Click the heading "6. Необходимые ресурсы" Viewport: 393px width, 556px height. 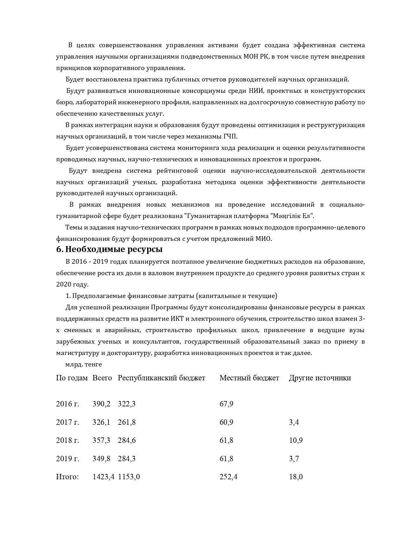pos(109,249)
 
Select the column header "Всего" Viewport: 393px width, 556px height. pos(102,378)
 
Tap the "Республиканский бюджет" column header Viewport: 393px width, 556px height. pos(161,378)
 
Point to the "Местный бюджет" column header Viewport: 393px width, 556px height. pos(249,378)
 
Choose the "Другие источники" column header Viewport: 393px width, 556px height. pos(319,378)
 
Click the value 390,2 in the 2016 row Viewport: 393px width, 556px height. pos(101,404)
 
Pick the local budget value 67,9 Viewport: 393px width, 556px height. pos(226,404)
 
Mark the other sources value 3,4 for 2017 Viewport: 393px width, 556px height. pos(294,422)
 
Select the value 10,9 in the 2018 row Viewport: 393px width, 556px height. pos(296,440)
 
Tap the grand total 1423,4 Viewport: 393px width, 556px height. pos(103,477)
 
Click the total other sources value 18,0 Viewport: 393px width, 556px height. pos(296,477)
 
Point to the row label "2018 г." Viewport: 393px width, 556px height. pos(68,440)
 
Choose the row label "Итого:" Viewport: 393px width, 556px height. pos(67,477)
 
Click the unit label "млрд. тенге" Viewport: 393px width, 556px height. pos(84,365)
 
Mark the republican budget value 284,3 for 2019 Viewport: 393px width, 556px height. pos(126,459)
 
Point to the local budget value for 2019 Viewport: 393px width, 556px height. pos(226,459)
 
